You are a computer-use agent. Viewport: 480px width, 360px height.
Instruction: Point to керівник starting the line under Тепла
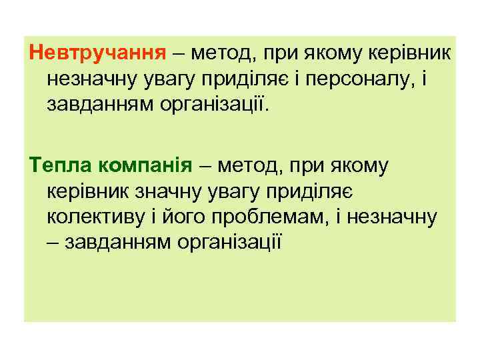88,191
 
